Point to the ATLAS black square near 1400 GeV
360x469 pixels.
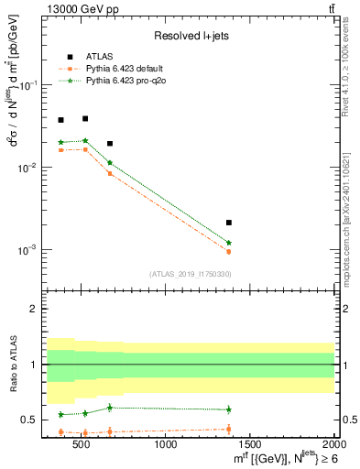[x=229, y=223]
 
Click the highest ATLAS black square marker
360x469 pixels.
[x=85, y=118]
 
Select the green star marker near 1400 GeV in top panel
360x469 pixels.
[x=229, y=243]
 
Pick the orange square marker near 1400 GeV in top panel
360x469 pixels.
[x=229, y=251]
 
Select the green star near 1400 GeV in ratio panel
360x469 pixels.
[x=229, y=409]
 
